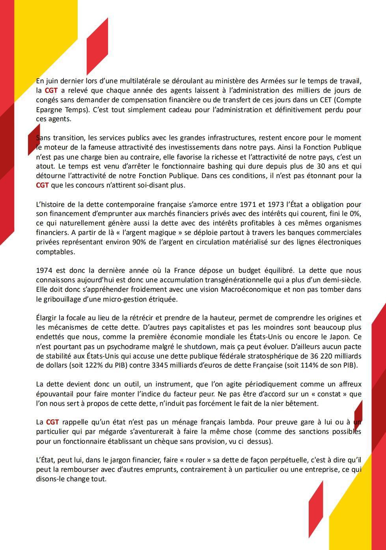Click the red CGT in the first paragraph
[51, 91]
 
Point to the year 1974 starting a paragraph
[44, 271]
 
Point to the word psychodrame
[105, 347]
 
